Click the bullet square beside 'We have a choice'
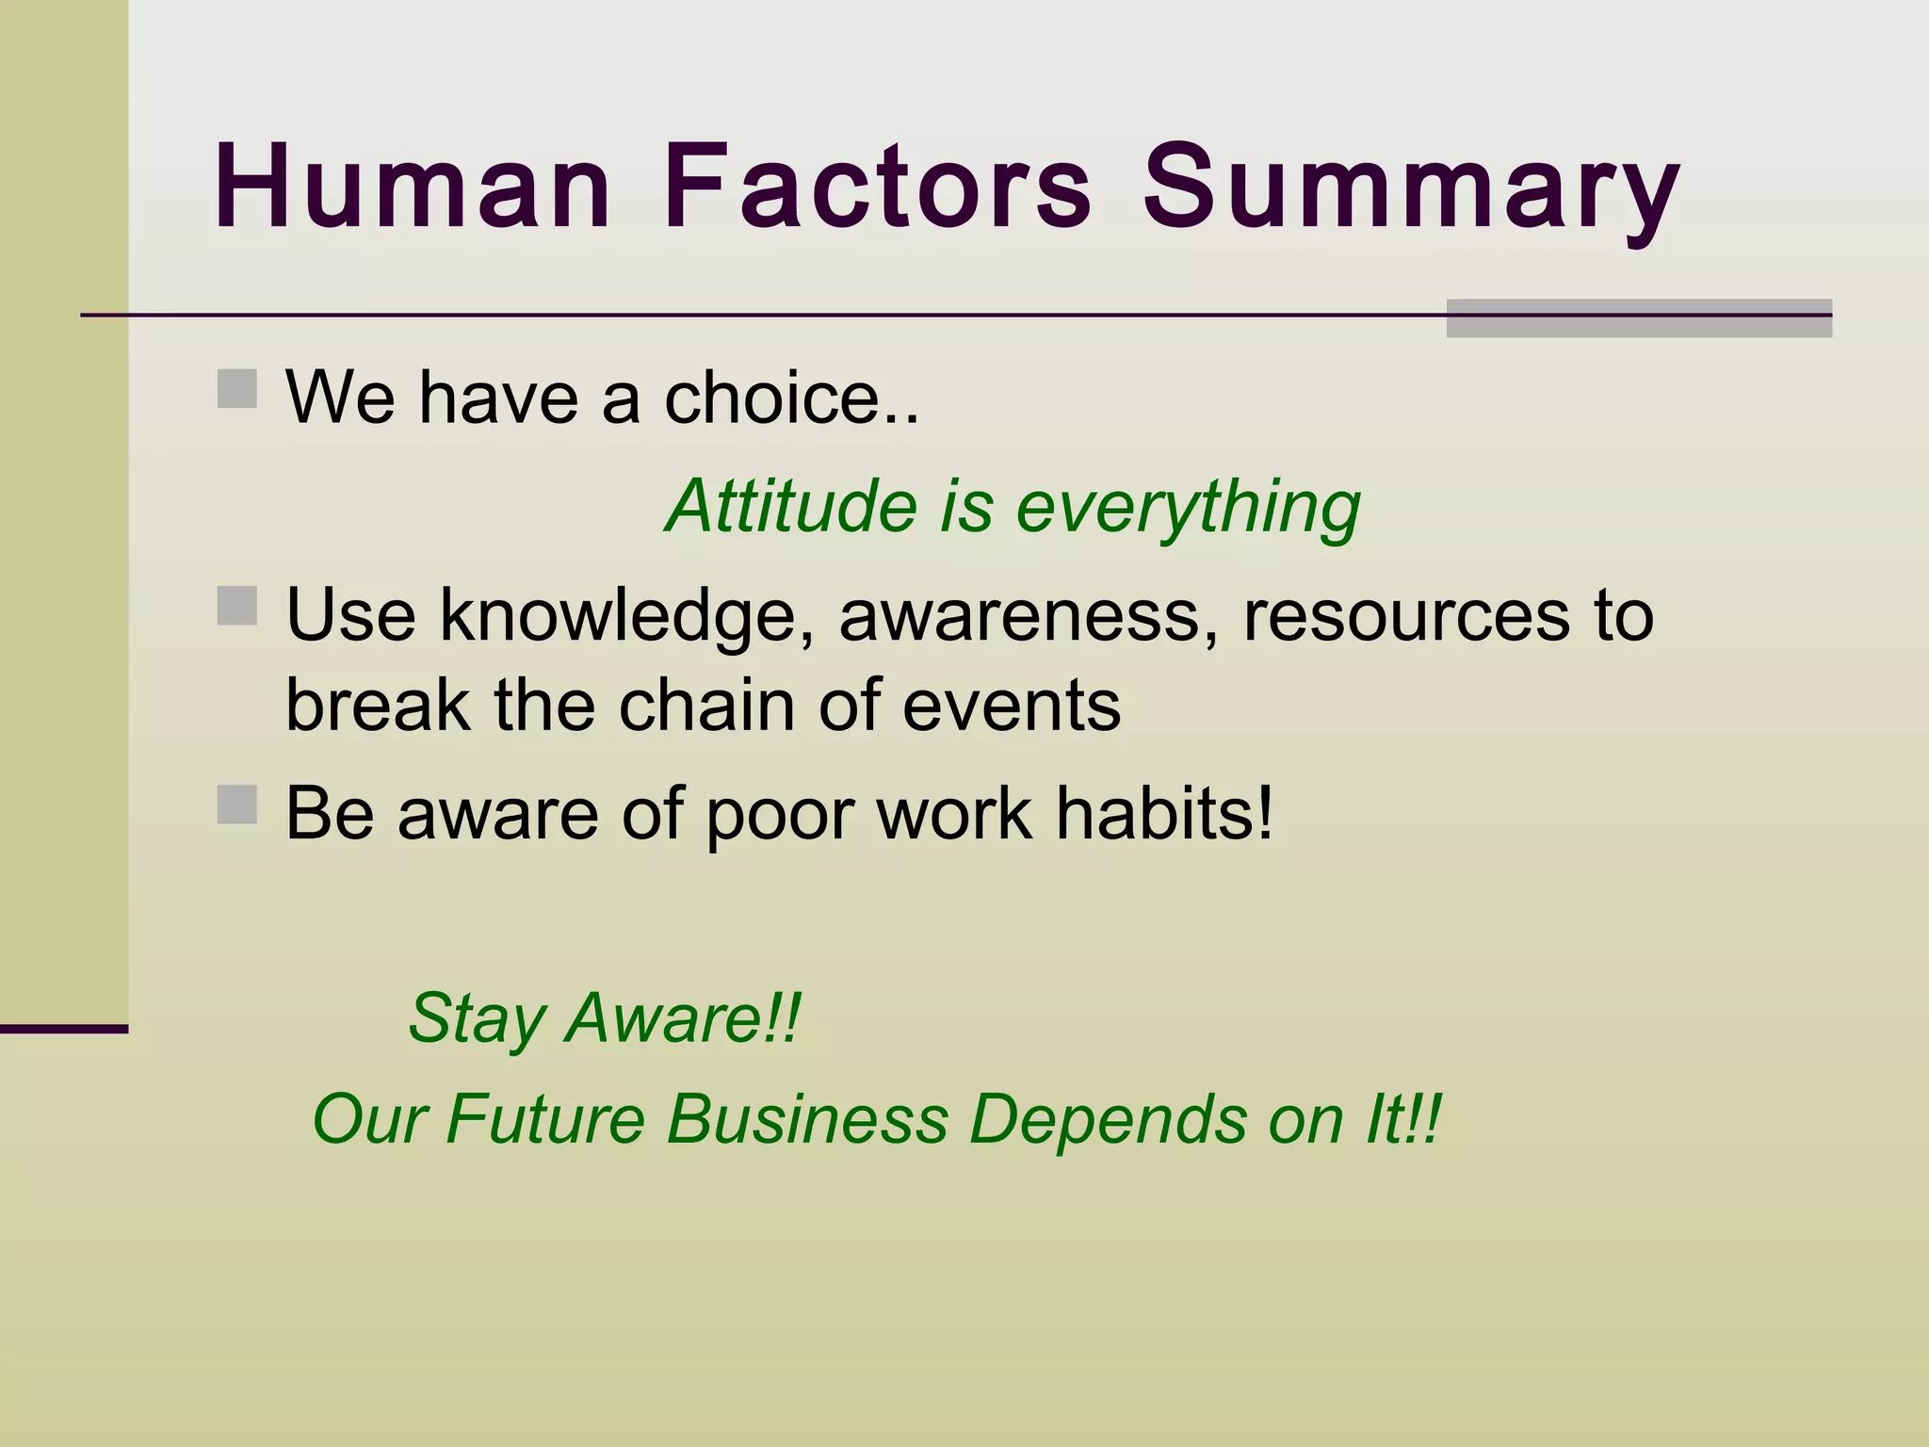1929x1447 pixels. (236, 388)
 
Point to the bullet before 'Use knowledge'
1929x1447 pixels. (236, 606)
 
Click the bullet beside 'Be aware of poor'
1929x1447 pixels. (236, 805)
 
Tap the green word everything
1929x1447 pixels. (1188, 509)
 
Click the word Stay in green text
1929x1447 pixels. (478, 1019)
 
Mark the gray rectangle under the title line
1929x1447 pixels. (1638, 318)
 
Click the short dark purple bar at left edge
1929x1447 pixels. (63, 1029)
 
